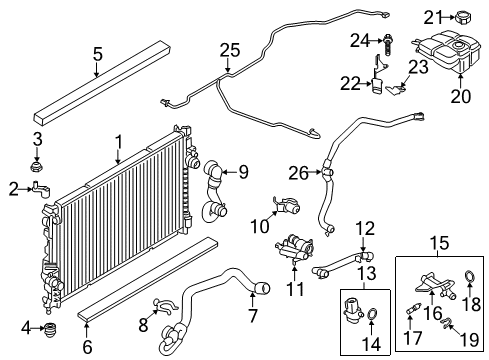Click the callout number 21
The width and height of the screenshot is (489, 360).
click(x=433, y=17)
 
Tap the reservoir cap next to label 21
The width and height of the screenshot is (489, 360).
click(x=463, y=17)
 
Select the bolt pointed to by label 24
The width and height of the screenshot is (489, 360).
click(x=388, y=44)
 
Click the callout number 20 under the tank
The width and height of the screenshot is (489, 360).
click(x=461, y=96)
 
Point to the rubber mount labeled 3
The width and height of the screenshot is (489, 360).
click(x=36, y=167)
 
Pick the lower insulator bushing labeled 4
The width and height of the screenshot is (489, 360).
click(x=50, y=329)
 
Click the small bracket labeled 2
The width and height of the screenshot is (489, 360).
click(x=41, y=190)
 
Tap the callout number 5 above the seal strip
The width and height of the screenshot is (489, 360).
click(x=97, y=54)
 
